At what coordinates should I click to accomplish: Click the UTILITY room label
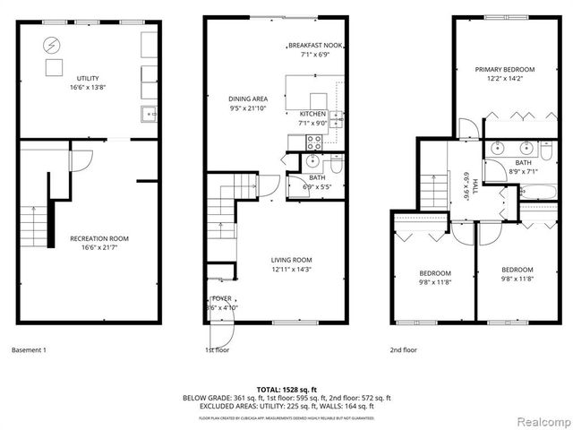[x=88, y=79]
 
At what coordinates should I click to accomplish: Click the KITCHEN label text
[x=313, y=114]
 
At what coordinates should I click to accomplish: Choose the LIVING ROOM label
[x=292, y=260]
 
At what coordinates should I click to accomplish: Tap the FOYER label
[x=221, y=297]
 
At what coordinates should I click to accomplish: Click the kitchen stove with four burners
[x=313, y=141]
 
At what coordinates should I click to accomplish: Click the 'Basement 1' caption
[x=31, y=350]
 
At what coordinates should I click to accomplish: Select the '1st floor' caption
[x=218, y=350]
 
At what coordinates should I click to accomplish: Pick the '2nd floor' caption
[x=404, y=350]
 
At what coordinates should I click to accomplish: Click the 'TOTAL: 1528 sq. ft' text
[x=287, y=389]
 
